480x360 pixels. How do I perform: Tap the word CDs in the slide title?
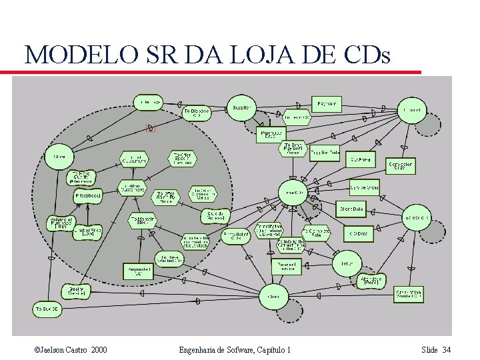[x=366, y=55]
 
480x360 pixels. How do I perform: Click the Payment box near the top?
[x=327, y=104]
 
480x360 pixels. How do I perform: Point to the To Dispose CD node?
[x=196, y=113]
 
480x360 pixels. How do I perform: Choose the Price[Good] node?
[x=88, y=197]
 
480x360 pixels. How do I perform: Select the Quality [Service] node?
[x=76, y=291]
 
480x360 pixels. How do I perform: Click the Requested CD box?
[x=137, y=271]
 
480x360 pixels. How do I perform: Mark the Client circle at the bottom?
[x=273, y=296]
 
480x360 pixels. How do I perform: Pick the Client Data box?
[x=351, y=209]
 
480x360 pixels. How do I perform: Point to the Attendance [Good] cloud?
[x=371, y=280]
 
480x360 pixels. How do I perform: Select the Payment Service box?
[x=286, y=266]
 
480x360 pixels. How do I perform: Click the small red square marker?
[x=151, y=128]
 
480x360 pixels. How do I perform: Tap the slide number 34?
[x=446, y=350]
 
